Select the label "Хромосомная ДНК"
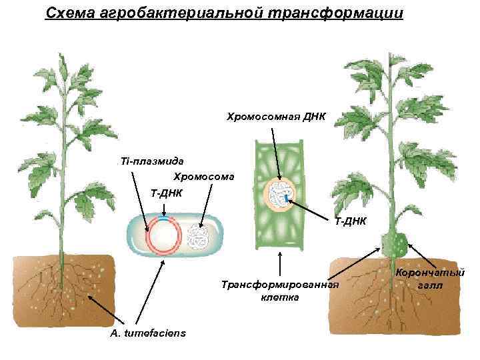click(x=275, y=117)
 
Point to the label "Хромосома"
click(x=204, y=177)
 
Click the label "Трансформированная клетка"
click(x=280, y=291)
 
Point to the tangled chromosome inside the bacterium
click(x=198, y=237)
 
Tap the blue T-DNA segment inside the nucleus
click(x=287, y=199)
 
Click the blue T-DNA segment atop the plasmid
click(x=163, y=219)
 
